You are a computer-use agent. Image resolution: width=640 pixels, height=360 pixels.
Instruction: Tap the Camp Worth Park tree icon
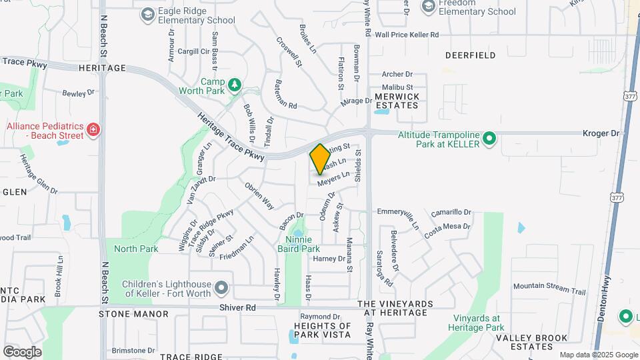pos(234,85)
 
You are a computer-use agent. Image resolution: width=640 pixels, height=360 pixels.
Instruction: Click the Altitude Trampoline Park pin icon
pos(490,139)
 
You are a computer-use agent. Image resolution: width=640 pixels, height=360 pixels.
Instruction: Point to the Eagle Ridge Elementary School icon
pos(147,13)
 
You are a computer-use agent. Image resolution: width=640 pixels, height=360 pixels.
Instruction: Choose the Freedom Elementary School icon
pos(428,6)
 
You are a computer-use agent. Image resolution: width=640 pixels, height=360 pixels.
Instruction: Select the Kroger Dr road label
pos(601,133)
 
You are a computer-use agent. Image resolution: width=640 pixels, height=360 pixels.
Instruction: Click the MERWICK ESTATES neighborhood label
pos(397,101)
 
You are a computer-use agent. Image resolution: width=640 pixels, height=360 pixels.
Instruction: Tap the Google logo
pos(22,351)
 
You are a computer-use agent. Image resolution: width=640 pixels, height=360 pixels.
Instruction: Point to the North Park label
pos(136,249)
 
